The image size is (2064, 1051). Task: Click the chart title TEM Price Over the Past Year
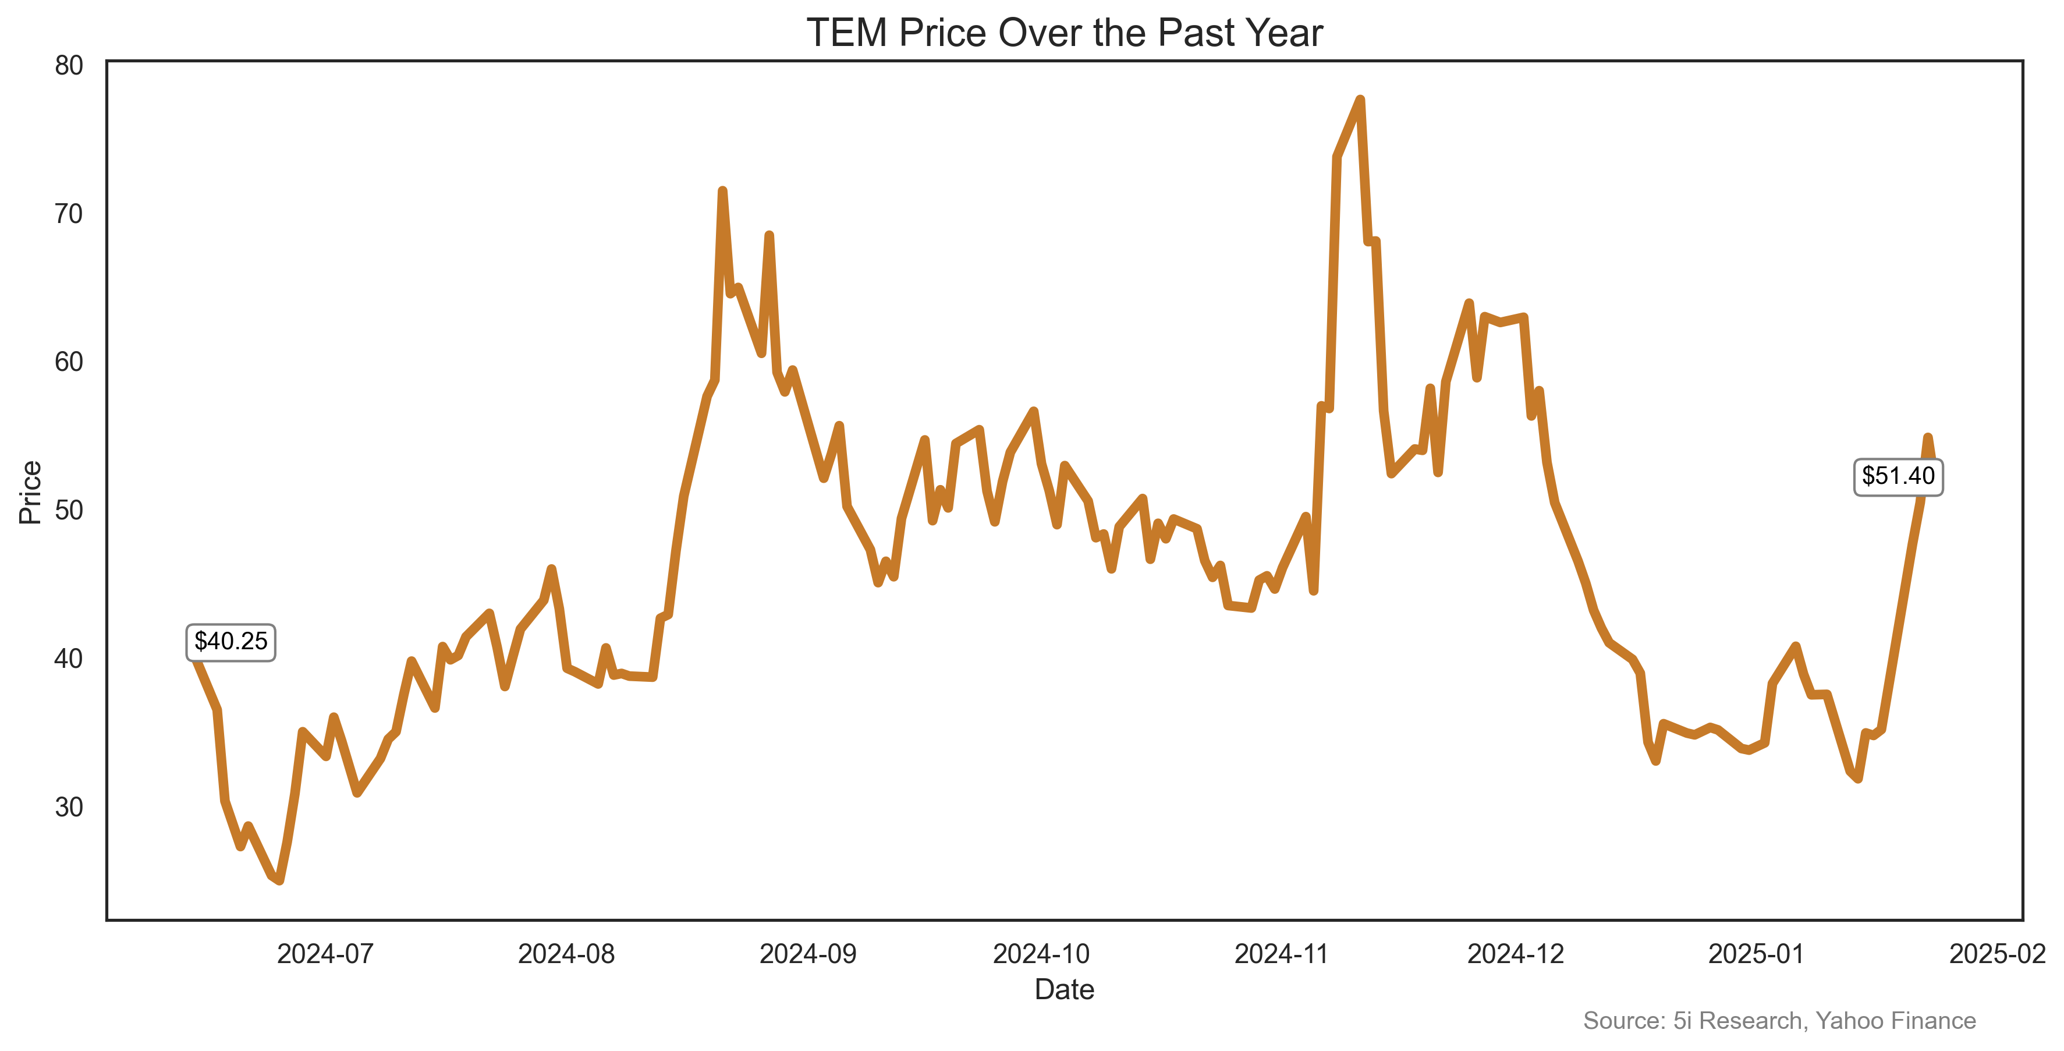[1064, 34]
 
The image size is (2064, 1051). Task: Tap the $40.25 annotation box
[230, 642]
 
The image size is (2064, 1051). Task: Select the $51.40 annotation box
[1898, 477]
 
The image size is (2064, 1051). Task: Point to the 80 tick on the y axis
[69, 66]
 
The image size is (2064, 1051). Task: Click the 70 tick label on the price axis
[69, 214]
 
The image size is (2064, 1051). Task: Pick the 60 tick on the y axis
[69, 362]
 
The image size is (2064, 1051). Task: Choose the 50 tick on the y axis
[69, 511]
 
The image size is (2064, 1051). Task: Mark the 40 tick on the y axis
[69, 659]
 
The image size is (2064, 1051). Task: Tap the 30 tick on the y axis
[69, 807]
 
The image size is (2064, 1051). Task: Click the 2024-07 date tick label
[325, 954]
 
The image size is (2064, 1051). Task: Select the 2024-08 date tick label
[566, 954]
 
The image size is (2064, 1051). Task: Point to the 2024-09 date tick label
[808, 954]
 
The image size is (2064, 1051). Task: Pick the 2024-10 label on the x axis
[1041, 954]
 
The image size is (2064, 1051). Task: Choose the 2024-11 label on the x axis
[1282, 954]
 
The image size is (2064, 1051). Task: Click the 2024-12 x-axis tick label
[1515, 954]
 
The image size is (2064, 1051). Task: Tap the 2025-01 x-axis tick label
[1756, 954]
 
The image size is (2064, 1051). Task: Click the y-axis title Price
[30, 492]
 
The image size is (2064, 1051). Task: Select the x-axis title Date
[1064, 990]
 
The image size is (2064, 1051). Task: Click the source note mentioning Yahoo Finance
[1779, 1021]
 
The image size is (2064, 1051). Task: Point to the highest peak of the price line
[1360, 100]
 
